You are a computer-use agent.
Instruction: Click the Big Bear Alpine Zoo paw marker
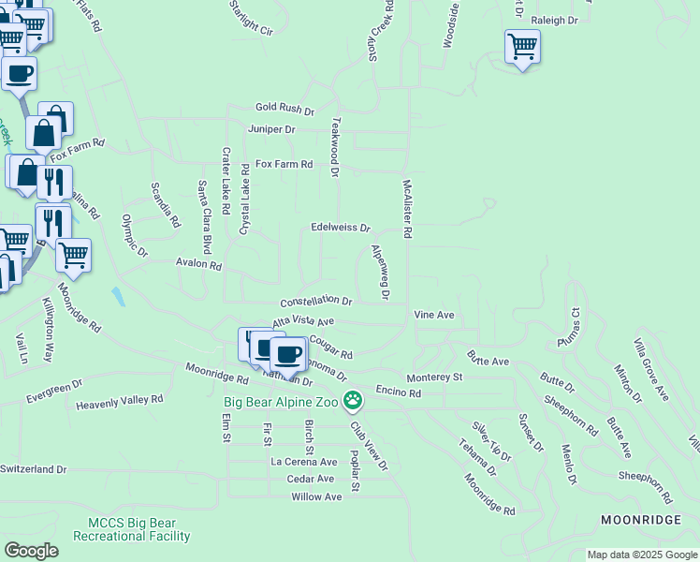point(353,401)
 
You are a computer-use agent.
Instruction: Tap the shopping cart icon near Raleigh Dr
point(522,46)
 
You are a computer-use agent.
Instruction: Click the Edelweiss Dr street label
point(341,228)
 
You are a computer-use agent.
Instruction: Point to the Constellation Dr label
point(316,302)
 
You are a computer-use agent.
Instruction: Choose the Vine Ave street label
point(434,315)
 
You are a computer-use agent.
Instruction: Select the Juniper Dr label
point(271,128)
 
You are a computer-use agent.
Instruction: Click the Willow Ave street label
point(316,496)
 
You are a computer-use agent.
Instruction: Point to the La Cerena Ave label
point(303,462)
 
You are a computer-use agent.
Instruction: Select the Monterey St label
point(434,377)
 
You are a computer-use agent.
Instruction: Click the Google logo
point(31,551)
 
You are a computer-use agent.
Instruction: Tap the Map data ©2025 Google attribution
point(642,555)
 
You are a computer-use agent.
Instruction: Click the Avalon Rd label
point(198,266)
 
